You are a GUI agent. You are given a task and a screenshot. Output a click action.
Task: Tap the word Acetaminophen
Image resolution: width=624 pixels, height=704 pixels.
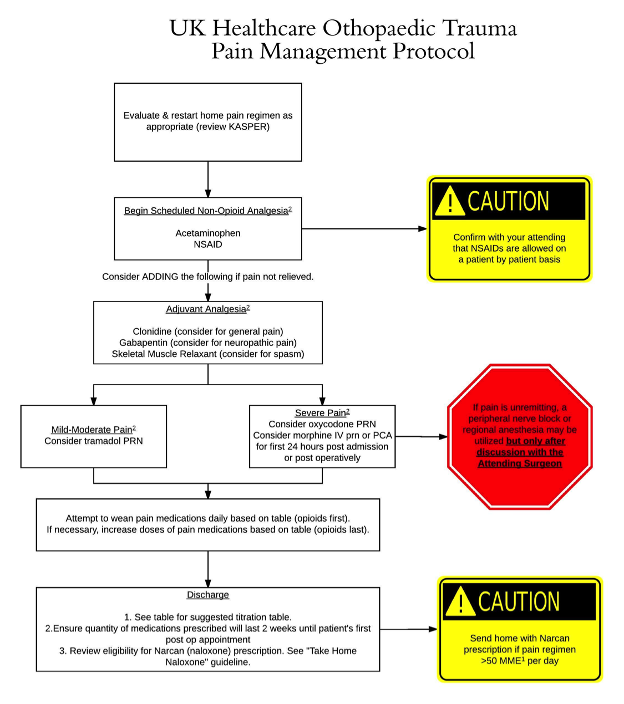207,233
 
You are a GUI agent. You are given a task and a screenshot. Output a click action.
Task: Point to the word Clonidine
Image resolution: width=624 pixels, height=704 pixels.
151,331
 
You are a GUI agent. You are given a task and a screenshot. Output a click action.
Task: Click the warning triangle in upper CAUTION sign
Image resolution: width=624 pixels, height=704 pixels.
450,202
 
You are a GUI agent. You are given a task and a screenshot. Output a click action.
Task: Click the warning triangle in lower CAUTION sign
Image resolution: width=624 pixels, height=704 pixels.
460,602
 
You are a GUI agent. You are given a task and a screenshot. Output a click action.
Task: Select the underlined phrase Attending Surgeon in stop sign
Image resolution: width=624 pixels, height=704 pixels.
520,463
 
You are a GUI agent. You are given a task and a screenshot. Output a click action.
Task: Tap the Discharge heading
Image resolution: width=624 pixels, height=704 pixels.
207,595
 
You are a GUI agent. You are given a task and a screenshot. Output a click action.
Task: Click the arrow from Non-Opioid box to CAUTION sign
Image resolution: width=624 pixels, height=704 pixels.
364,228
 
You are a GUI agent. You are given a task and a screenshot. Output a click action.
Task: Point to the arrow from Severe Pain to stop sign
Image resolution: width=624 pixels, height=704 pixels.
422,437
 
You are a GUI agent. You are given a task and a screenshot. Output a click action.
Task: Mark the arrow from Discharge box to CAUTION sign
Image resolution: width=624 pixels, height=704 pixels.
408,629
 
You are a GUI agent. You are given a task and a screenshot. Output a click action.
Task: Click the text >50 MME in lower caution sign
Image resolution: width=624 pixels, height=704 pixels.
502,661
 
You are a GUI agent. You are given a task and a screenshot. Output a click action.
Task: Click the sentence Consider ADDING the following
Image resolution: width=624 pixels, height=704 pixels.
207,277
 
